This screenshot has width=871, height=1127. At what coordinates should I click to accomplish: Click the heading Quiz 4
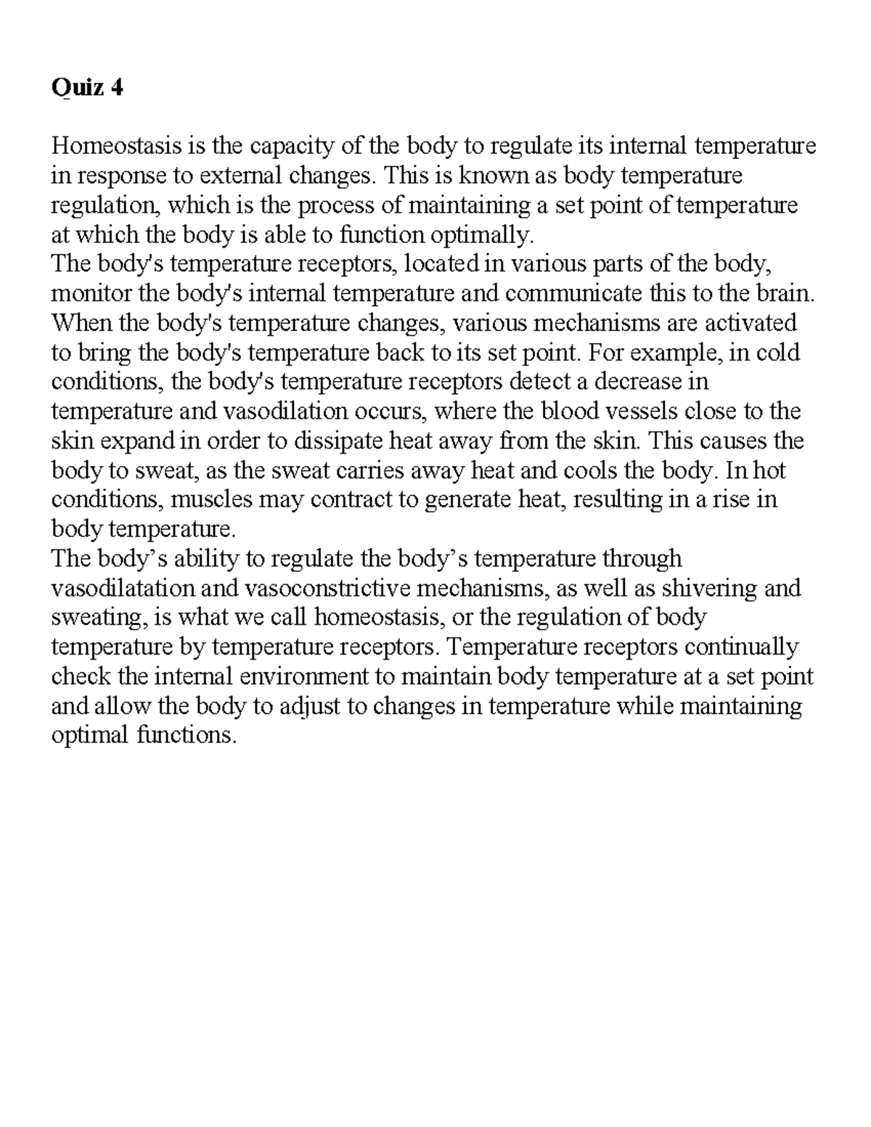87,89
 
